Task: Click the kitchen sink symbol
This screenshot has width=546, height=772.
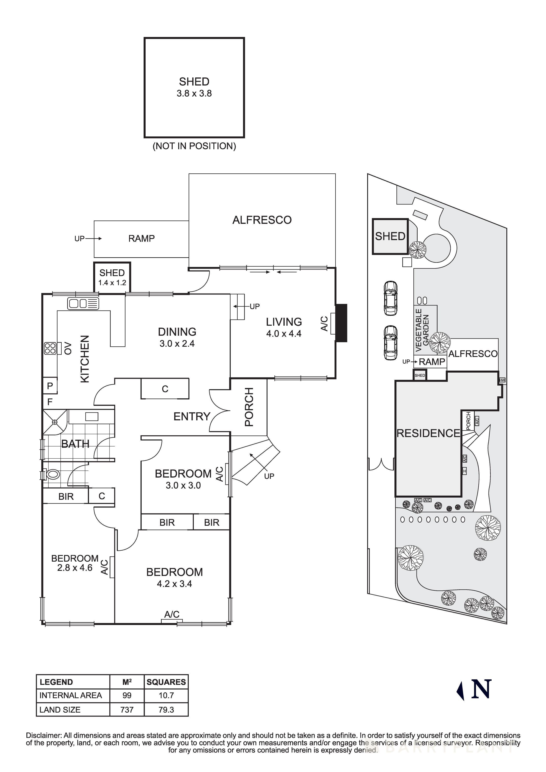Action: click(83, 304)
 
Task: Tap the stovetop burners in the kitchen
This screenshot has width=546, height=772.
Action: click(50, 348)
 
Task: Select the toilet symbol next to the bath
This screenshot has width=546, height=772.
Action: click(53, 475)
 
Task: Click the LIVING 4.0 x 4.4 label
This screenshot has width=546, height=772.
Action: click(284, 327)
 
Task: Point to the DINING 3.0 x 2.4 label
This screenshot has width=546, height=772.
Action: click(177, 337)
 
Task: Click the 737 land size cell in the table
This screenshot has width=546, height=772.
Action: click(127, 710)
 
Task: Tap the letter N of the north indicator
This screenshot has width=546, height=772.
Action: click(481, 689)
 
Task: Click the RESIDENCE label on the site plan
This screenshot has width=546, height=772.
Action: click(428, 433)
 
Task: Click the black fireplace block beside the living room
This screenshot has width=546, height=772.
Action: click(341, 323)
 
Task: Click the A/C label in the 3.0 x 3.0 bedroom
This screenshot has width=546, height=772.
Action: click(219, 474)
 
